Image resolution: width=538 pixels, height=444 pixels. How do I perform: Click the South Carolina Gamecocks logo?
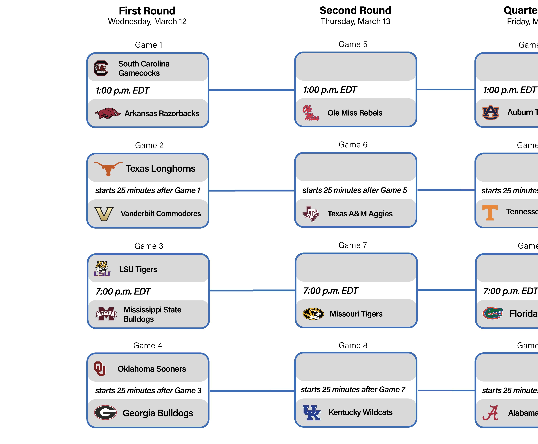[101, 68]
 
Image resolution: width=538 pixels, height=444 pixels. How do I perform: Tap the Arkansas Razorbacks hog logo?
[107, 113]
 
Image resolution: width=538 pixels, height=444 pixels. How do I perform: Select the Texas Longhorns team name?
[160, 168]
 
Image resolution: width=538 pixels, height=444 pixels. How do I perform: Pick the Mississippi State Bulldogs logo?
[106, 314]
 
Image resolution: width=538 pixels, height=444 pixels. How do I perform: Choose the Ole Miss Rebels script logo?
[311, 113]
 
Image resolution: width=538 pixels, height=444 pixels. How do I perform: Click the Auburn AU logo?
[490, 113]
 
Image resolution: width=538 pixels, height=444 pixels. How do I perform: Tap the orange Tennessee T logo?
[490, 213]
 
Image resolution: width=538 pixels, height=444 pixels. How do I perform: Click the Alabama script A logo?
[490, 413]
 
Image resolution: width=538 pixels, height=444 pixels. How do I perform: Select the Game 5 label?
[353, 44]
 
